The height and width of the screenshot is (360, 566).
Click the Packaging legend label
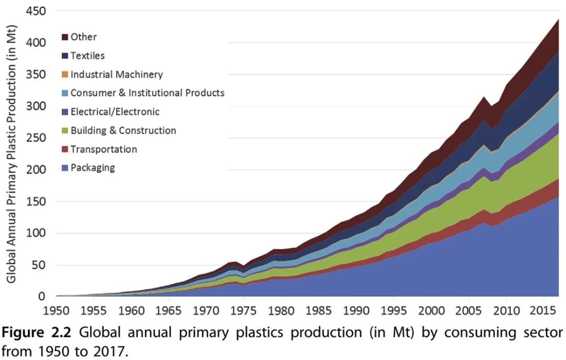[x=92, y=168]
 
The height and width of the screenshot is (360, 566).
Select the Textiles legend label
[x=88, y=56]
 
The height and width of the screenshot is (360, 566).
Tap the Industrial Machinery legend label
[x=116, y=74]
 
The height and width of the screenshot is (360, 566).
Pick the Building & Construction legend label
[x=123, y=130]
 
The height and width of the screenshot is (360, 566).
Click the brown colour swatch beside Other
[x=65, y=37]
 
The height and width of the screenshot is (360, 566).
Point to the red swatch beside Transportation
[x=65, y=150]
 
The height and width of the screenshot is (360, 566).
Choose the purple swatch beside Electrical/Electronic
[x=65, y=112]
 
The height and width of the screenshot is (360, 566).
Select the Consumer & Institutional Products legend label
[x=147, y=93]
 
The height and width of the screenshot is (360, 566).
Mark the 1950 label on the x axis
[x=55, y=310]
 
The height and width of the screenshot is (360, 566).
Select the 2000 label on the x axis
[x=431, y=310]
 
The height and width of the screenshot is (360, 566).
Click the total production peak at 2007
[x=484, y=97]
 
